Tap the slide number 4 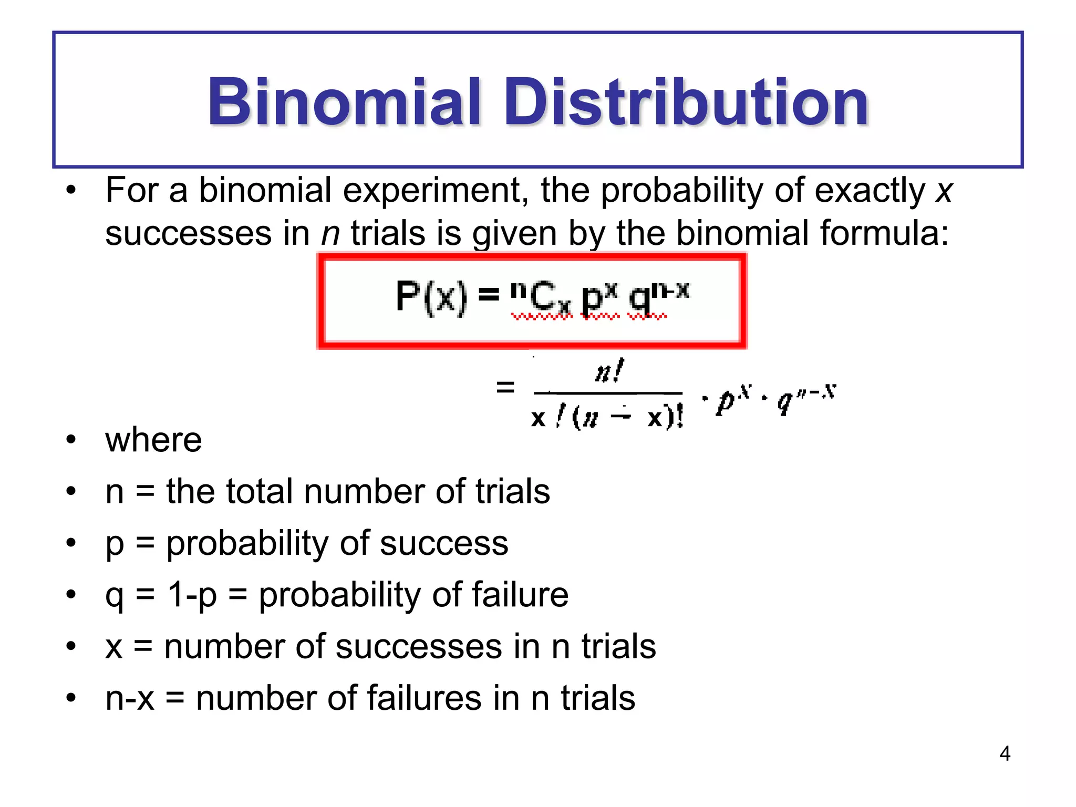click(1005, 753)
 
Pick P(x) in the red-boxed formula click(431, 297)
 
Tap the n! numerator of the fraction click(609, 372)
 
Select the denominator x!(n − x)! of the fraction click(607, 418)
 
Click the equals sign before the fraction click(505, 388)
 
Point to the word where click(153, 440)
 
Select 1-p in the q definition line click(192, 596)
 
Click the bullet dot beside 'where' click(71, 439)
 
